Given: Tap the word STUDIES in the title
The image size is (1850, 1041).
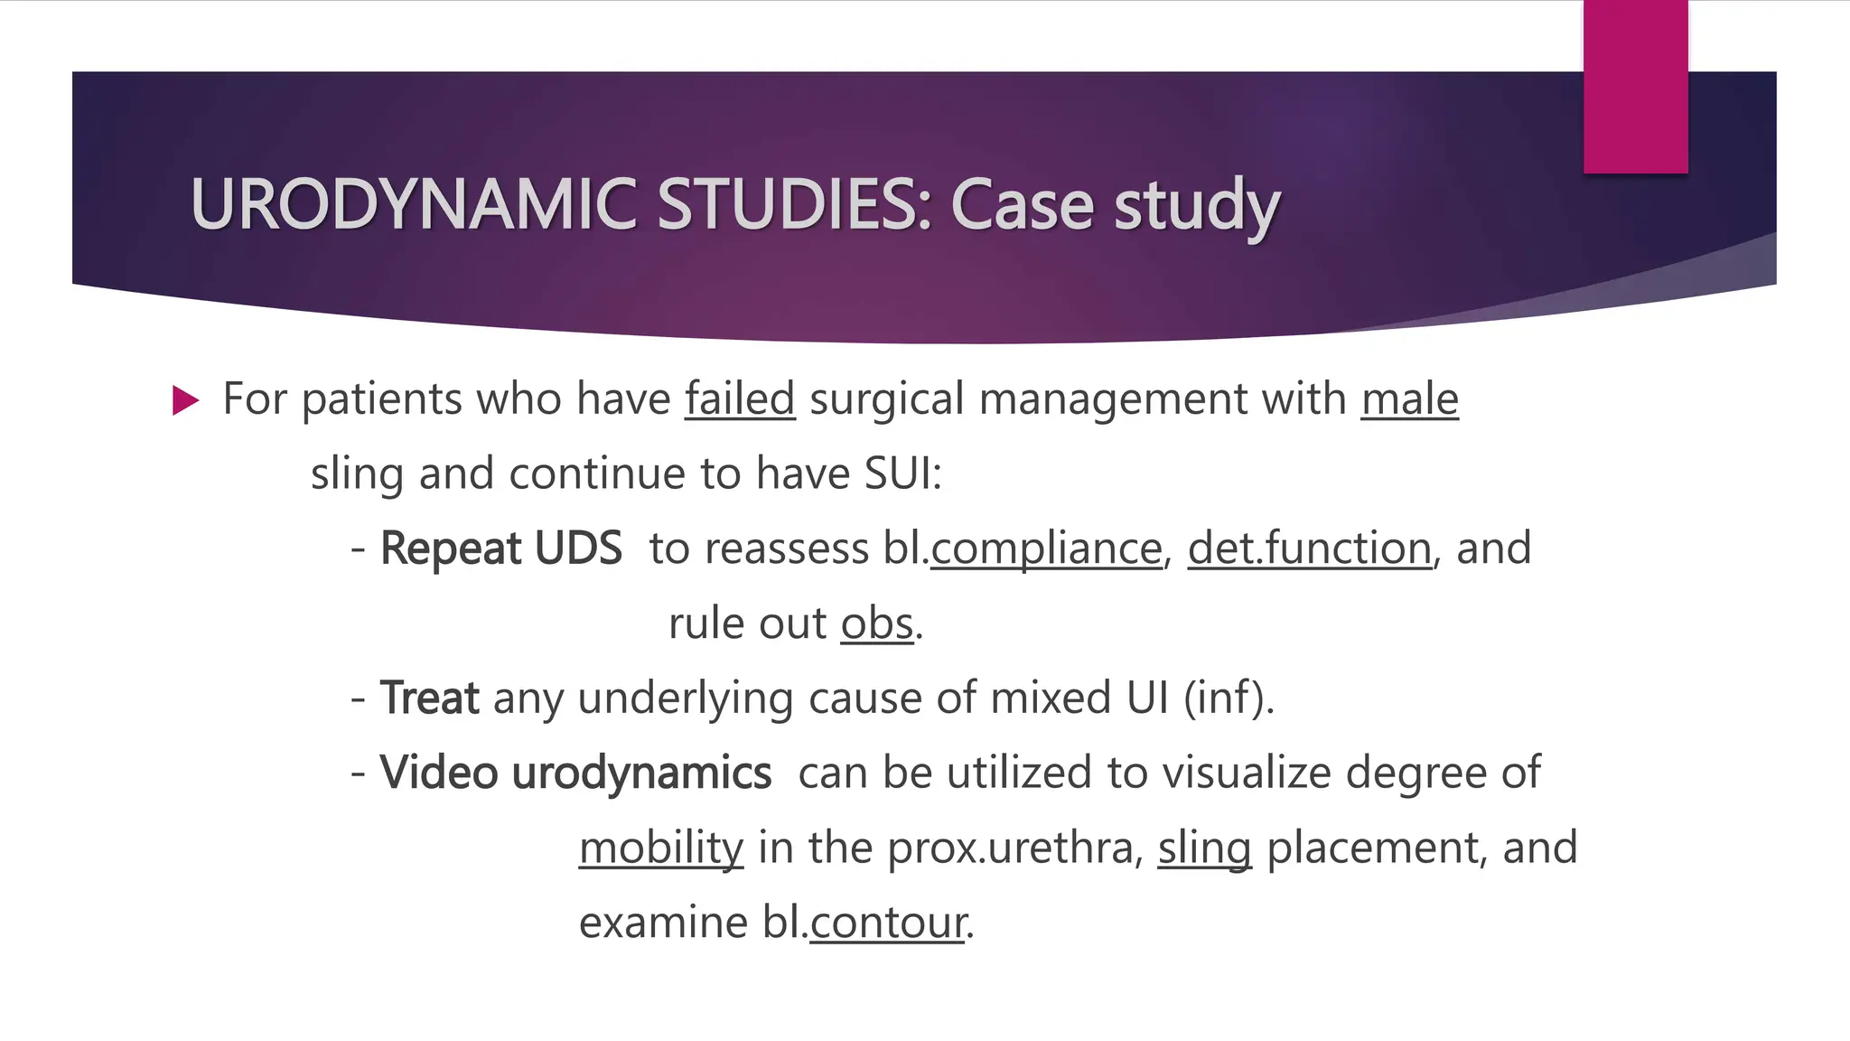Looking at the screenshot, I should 793,204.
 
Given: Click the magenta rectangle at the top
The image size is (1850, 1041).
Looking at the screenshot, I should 1635,87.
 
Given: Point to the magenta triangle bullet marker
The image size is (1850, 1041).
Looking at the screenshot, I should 184,400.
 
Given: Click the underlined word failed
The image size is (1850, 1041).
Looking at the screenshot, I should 740,399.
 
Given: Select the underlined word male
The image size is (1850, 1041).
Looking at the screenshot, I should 1409,399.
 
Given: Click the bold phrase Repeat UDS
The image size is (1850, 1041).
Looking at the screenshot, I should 500,549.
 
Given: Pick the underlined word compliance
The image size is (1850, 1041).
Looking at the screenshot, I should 1046,549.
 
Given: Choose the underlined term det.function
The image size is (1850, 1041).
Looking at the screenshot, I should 1309,549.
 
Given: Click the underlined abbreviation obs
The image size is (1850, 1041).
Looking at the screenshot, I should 877,624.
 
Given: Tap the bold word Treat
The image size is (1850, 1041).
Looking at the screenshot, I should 429,699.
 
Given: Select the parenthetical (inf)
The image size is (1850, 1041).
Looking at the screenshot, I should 1229,699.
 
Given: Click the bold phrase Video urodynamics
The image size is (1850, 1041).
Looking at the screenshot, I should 575,774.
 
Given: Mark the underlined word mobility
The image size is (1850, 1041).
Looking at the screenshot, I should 661,849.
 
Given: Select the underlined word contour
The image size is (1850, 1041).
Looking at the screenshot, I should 888,924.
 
